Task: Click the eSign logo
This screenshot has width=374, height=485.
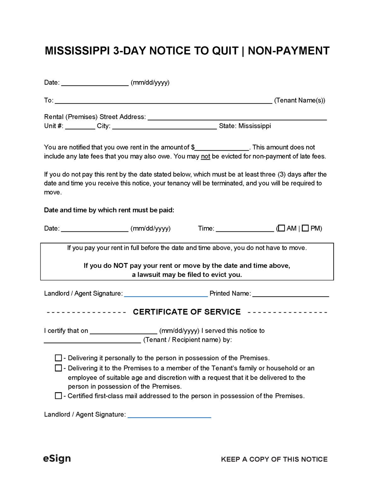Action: [x=57, y=458]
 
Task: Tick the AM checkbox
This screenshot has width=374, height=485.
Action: [x=282, y=228]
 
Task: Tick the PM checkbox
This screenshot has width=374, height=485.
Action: [x=305, y=228]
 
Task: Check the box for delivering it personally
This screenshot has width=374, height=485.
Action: [x=58, y=358]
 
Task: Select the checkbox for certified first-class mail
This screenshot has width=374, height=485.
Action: [x=58, y=396]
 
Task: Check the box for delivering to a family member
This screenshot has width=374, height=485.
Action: [x=58, y=368]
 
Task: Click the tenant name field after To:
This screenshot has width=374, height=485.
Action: [x=163, y=100]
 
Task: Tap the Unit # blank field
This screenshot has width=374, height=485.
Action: [x=80, y=126]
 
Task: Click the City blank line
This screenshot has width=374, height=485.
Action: [x=164, y=126]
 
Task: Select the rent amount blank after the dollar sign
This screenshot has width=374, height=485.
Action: [x=222, y=147]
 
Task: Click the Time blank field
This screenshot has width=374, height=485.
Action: [x=245, y=229]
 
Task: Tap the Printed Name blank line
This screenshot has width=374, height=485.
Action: [x=291, y=294]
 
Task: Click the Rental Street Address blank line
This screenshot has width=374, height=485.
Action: [x=237, y=117]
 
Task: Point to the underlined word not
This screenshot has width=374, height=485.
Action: [x=205, y=156]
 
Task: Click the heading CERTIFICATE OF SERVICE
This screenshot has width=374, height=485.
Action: [x=187, y=312]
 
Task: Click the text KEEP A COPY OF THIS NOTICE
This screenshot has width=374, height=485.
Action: [x=274, y=459]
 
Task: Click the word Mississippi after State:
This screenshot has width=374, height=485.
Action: [x=255, y=126]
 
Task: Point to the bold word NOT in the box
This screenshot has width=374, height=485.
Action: [x=120, y=266]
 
